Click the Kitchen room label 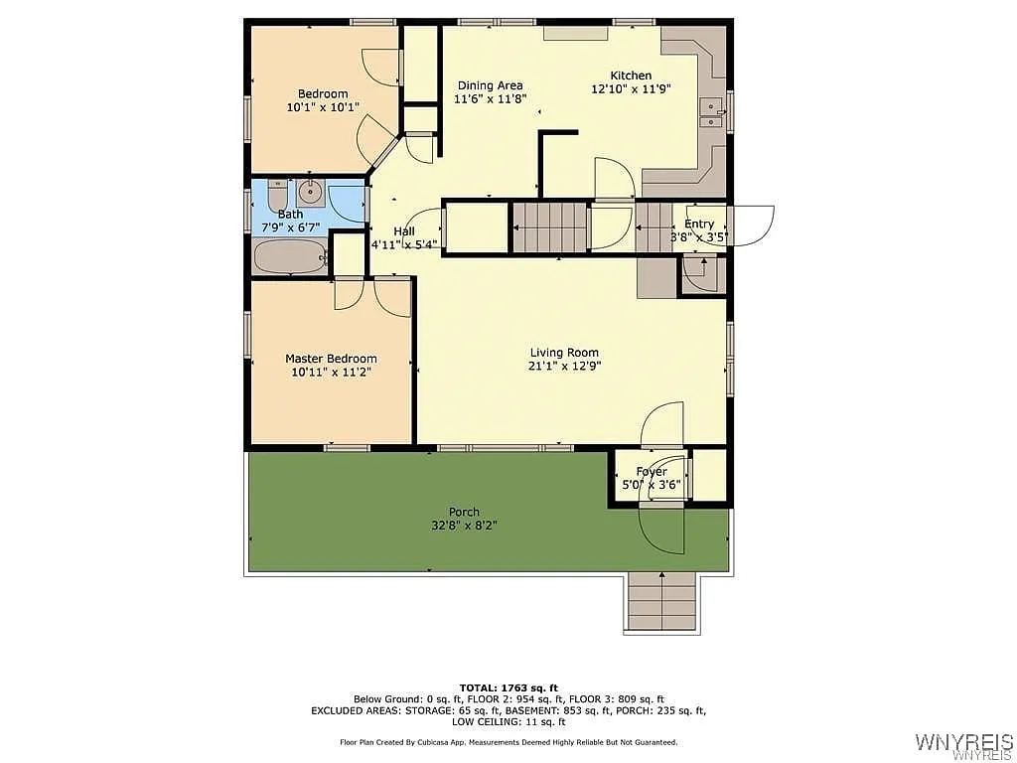pyautogui.click(x=631, y=76)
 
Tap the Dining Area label pyautogui.click(x=490, y=85)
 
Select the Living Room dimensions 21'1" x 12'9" pyautogui.click(x=564, y=366)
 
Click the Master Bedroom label pyautogui.click(x=331, y=359)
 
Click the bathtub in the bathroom pyautogui.click(x=289, y=257)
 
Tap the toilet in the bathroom pyautogui.click(x=276, y=195)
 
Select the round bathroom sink pyautogui.click(x=310, y=191)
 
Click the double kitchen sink pyautogui.click(x=710, y=115)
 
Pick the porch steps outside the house pyautogui.click(x=661, y=602)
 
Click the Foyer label pyautogui.click(x=652, y=472)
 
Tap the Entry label pyautogui.click(x=699, y=225)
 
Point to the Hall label pyautogui.click(x=403, y=231)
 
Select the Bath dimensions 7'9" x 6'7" pyautogui.click(x=291, y=228)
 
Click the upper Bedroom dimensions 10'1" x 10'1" pyautogui.click(x=323, y=107)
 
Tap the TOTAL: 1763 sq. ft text pyautogui.click(x=508, y=687)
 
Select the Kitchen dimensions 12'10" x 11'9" pyautogui.click(x=631, y=88)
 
